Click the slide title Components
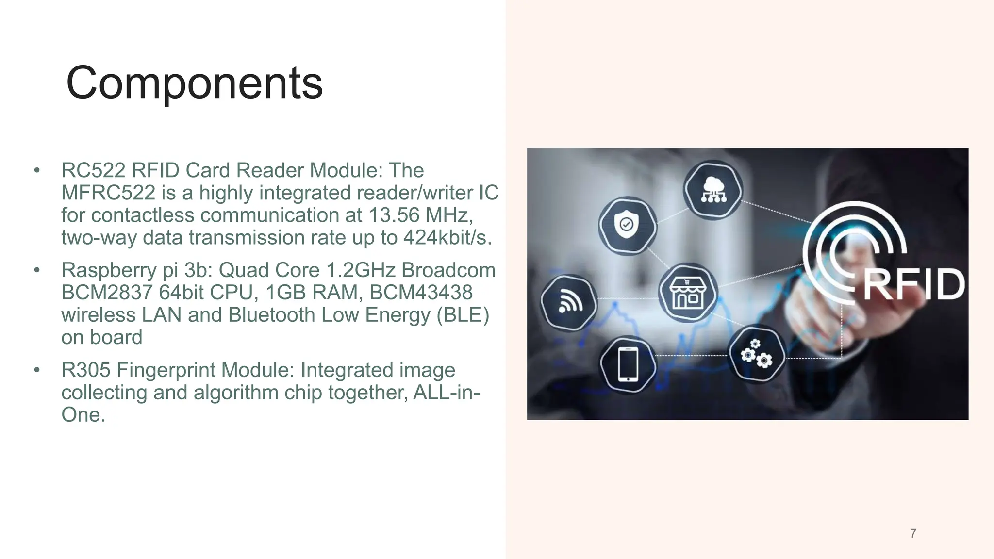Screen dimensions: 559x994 pyautogui.click(x=194, y=83)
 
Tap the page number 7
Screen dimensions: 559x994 pyautogui.click(x=913, y=533)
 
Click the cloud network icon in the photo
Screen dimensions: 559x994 pyautogui.click(x=713, y=190)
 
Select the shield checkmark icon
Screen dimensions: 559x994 pyautogui.click(x=627, y=225)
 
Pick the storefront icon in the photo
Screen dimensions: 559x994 pyautogui.click(x=687, y=293)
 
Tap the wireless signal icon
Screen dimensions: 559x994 pyautogui.click(x=569, y=302)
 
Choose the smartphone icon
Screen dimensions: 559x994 pyautogui.click(x=628, y=364)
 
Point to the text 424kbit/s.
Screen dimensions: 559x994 pyautogui.click(x=447, y=238)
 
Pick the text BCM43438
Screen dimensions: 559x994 pyautogui.click(x=421, y=293)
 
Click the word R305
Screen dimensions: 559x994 pyautogui.click(x=85, y=370)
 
